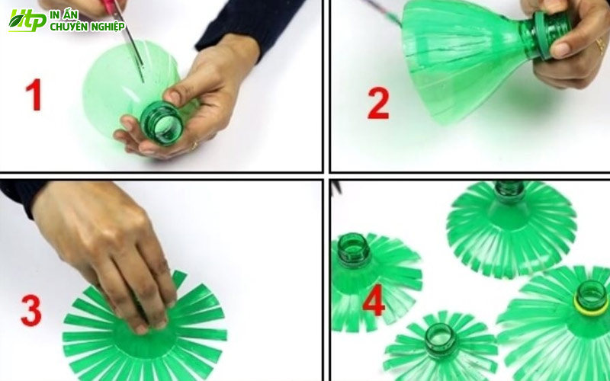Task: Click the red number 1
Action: (34, 94)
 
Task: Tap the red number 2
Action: (378, 103)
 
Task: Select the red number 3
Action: (31, 310)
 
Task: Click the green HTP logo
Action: (27, 21)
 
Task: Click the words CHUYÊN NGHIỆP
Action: (88, 27)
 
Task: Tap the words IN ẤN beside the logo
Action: (64, 14)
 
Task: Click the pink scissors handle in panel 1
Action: (113, 7)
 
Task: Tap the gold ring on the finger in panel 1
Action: (194, 146)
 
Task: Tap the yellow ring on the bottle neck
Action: (590, 307)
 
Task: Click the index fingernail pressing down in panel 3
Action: (142, 329)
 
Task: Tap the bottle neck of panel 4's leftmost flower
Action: (354, 251)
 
